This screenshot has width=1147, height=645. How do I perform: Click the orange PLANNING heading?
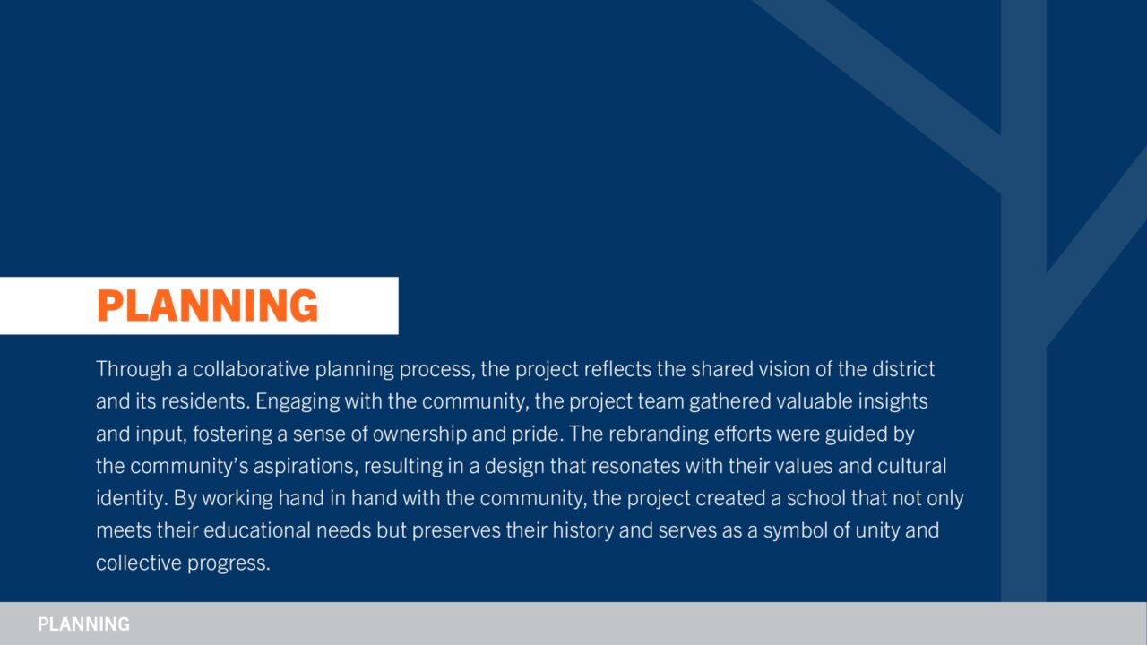click(x=207, y=305)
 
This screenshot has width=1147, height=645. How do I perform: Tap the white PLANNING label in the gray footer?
click(x=83, y=624)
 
